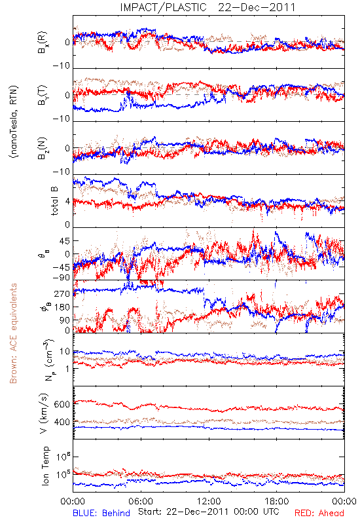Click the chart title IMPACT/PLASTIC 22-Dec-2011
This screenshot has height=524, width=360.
tap(207, 7)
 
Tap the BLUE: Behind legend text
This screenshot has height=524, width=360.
tap(101, 513)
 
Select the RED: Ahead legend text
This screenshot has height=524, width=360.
tap(319, 513)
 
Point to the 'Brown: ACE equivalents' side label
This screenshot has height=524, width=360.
tap(13, 333)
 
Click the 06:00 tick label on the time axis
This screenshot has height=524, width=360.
tap(141, 501)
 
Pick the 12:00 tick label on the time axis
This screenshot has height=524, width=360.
tap(209, 501)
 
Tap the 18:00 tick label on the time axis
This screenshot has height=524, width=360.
tap(276, 501)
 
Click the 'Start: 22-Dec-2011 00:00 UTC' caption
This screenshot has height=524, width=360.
tap(209, 512)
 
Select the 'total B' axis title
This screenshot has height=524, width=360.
tap(54, 201)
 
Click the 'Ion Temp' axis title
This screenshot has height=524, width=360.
tap(45, 466)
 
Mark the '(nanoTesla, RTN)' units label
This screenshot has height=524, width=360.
tap(14, 122)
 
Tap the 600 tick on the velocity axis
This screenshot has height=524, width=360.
tap(62, 404)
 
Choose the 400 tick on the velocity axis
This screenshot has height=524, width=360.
tap(62, 422)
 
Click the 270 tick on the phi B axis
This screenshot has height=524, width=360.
tap(62, 293)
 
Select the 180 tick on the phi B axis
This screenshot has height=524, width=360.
tap(62, 307)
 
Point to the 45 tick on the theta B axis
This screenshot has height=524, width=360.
tap(64, 240)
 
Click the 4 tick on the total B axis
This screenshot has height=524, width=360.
tap(67, 202)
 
